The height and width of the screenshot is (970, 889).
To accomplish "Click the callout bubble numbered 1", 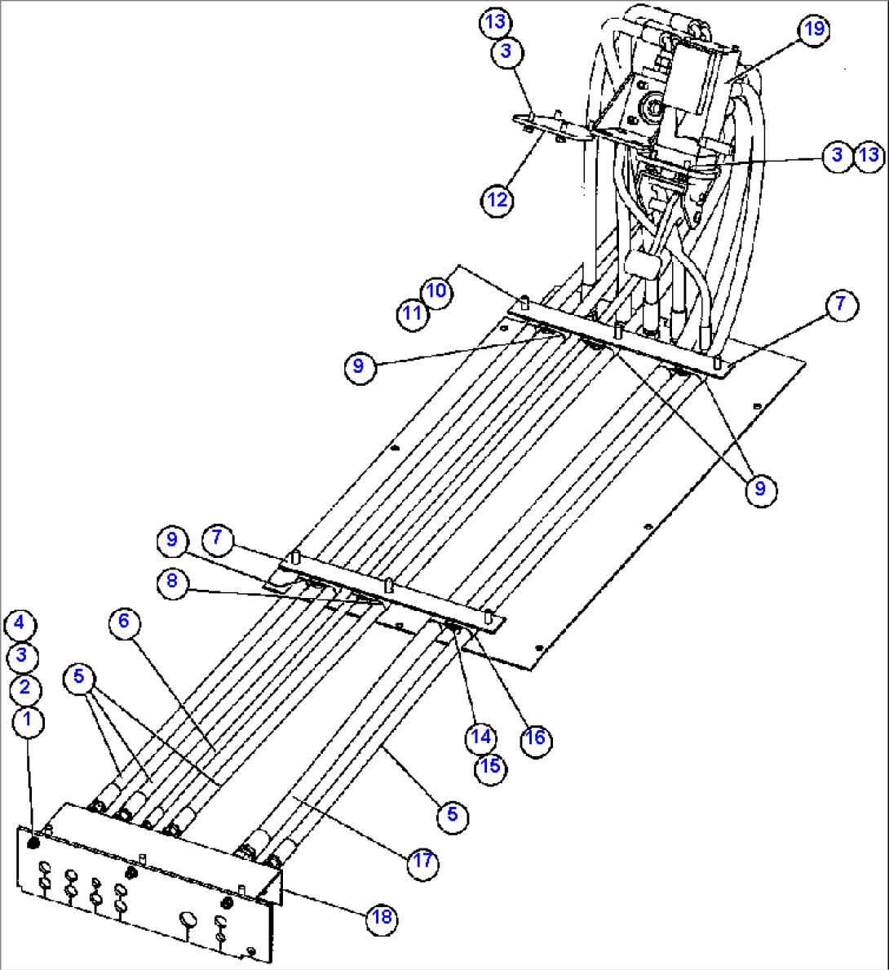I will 29,720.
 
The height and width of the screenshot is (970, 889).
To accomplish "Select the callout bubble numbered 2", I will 24,689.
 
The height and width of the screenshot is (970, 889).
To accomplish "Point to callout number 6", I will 124,622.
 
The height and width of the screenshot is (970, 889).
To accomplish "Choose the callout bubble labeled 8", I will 172,582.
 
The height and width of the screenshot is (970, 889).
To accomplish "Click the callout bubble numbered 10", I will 436,291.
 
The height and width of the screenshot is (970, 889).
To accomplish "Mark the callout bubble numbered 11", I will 414,313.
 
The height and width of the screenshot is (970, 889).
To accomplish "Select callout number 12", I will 498,200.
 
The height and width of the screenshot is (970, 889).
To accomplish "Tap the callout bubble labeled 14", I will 481,737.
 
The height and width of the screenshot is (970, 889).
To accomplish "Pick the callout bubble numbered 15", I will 490,768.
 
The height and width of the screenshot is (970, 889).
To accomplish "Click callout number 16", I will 536,738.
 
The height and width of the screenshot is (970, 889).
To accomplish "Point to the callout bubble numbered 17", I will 422,861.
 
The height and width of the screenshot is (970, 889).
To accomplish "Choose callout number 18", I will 382,918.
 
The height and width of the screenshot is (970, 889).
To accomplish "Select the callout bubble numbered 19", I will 812,30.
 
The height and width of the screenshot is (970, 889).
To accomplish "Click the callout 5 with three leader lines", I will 78,676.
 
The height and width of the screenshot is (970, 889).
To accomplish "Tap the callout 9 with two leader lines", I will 760,489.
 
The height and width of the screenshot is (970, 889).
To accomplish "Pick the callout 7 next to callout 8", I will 216,538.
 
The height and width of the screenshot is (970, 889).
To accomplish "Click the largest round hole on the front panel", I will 188,920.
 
